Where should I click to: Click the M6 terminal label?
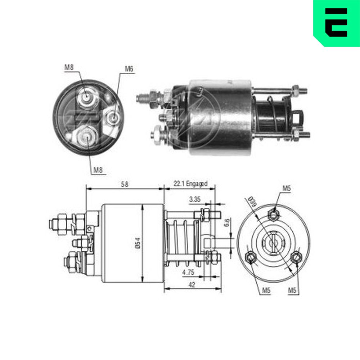pyautogui.click(x=129, y=69)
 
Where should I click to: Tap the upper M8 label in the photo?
pyautogui.click(x=69, y=67)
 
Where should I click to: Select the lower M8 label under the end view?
pyautogui.click(x=98, y=170)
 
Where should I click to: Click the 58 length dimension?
pyautogui.click(x=125, y=184)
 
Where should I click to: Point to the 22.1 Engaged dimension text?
pyautogui.click(x=190, y=184)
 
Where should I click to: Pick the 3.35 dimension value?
pyautogui.click(x=195, y=199)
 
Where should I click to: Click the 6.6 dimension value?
pyautogui.click(x=226, y=223)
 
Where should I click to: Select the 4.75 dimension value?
pyautogui.click(x=188, y=272)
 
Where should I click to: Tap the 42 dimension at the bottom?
pyautogui.click(x=192, y=285)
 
